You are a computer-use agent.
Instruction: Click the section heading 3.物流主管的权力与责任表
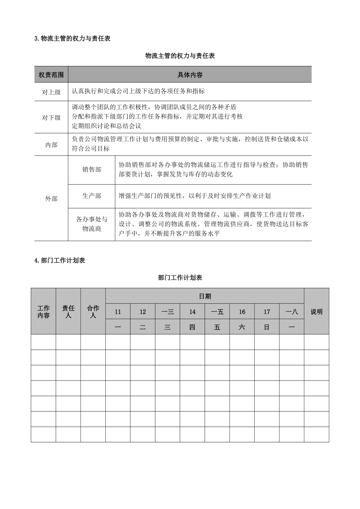72,38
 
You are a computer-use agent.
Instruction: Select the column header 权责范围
51,75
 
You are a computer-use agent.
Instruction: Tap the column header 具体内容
190,75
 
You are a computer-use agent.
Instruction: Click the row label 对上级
51,92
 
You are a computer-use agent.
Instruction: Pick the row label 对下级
51,117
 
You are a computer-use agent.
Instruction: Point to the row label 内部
51,144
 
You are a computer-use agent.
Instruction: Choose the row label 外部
51,198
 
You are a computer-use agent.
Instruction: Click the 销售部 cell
92,170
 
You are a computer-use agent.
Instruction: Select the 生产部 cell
92,196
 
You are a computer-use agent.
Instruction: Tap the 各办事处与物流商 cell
92,224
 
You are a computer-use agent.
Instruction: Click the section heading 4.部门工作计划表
59,261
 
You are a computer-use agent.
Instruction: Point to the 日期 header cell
205,296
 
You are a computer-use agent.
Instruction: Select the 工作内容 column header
44,312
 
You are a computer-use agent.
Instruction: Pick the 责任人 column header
68,312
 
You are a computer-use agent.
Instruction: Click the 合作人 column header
93,312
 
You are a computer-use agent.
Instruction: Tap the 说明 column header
316,312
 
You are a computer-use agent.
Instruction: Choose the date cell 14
193,312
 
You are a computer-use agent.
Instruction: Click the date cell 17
267,312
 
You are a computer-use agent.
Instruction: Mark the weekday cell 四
193,327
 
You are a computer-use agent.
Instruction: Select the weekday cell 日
267,327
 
